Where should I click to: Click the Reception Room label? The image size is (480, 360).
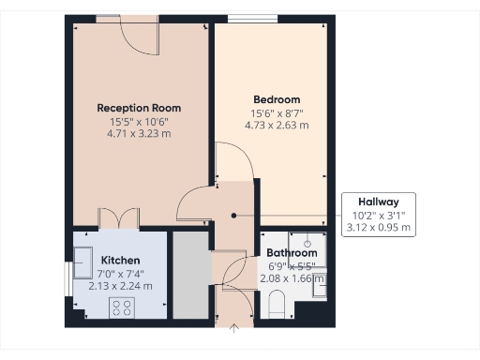(139, 108)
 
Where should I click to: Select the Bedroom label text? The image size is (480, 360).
(277, 100)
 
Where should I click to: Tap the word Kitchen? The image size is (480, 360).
(120, 260)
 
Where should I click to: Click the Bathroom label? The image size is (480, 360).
(292, 253)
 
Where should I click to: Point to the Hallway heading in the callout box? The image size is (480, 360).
(378, 202)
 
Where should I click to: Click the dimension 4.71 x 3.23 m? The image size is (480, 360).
(139, 134)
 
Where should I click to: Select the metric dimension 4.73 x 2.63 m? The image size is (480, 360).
(277, 126)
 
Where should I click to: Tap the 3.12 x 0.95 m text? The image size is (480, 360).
(378, 228)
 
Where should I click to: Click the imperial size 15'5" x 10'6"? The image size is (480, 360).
(139, 121)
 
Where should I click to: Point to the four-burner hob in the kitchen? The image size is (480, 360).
(122, 307)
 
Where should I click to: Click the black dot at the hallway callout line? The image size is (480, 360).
(232, 215)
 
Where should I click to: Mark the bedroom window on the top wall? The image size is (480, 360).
(247, 19)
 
